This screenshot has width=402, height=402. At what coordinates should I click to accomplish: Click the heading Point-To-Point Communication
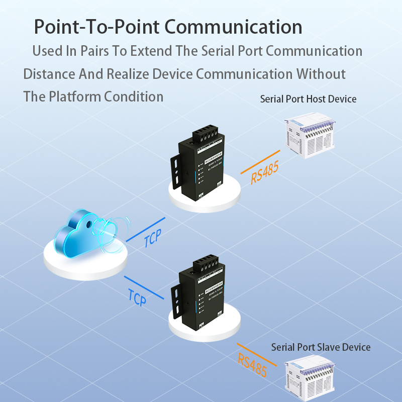(x=168, y=27)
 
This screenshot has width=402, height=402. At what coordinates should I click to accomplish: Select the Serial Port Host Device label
(x=308, y=99)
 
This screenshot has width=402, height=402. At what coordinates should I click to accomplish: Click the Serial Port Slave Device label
(x=321, y=347)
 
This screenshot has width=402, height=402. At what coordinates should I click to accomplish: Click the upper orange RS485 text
(x=265, y=171)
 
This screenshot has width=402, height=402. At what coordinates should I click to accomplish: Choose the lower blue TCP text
(x=137, y=297)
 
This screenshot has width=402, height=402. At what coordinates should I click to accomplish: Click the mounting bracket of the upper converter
(x=176, y=171)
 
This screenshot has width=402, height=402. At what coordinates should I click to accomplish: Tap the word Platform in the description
(x=74, y=96)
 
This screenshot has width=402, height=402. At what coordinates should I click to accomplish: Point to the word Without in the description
(x=321, y=74)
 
